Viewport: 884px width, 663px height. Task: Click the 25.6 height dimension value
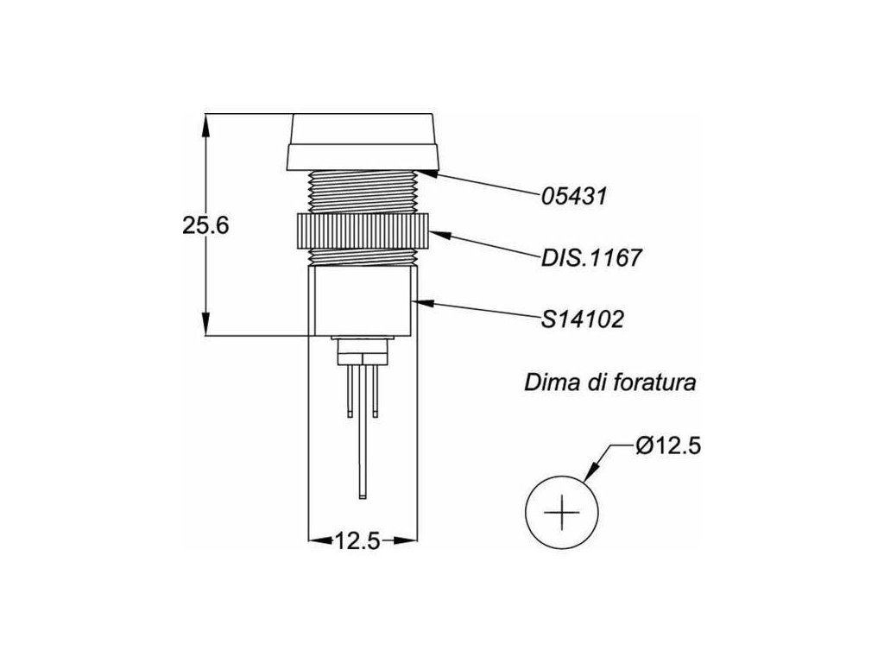tap(205, 226)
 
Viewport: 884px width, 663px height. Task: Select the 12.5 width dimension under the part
tap(358, 541)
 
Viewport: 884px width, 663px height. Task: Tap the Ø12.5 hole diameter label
tap(666, 447)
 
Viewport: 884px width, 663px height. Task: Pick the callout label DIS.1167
tap(591, 257)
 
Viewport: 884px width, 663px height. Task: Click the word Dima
tap(551, 382)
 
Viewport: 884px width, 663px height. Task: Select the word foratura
tap(653, 382)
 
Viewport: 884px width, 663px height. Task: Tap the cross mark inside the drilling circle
tap(561, 514)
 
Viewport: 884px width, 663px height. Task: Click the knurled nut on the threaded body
tap(363, 231)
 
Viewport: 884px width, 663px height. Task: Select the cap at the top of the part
tap(363, 142)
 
